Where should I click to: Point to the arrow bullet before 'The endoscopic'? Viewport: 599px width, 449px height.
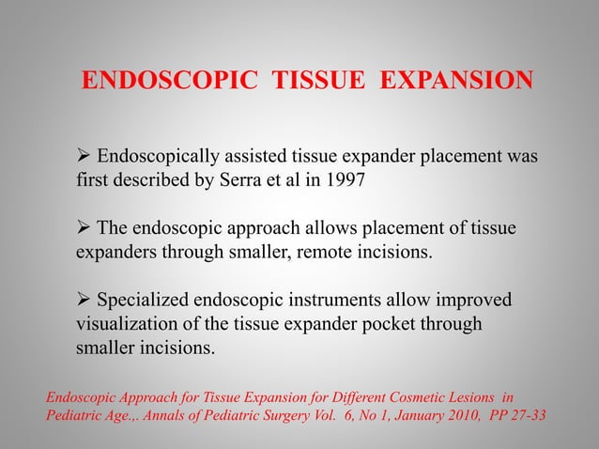tap(84, 229)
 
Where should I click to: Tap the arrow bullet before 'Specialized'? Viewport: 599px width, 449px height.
tap(84, 302)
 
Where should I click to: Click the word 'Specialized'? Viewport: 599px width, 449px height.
tap(145, 302)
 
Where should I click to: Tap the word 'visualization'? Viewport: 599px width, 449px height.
tap(129, 325)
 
